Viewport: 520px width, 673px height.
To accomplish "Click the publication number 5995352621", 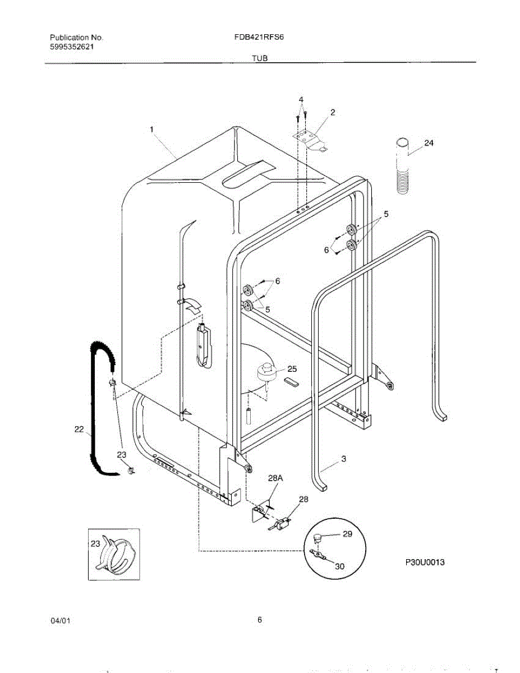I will point(72,47).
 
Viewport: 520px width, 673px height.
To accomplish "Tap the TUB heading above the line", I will point(260,58).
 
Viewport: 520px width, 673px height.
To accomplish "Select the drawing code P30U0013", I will point(425,562).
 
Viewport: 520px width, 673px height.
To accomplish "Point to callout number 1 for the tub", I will point(151,130).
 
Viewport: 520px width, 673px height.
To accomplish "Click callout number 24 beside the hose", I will point(429,143).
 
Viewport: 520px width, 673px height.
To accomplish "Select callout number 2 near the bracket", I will point(333,113).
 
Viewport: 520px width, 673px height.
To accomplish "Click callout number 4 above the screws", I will point(301,100).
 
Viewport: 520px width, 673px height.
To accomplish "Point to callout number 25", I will point(292,368).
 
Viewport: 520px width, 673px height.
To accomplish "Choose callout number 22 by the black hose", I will point(80,430).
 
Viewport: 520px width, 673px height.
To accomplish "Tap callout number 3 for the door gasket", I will point(343,459).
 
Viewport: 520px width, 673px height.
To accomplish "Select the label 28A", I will point(275,478).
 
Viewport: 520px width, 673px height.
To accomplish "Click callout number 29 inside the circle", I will point(347,534).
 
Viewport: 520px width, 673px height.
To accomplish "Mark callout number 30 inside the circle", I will point(340,566).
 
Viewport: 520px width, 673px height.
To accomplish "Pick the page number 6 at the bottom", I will point(260,620).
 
